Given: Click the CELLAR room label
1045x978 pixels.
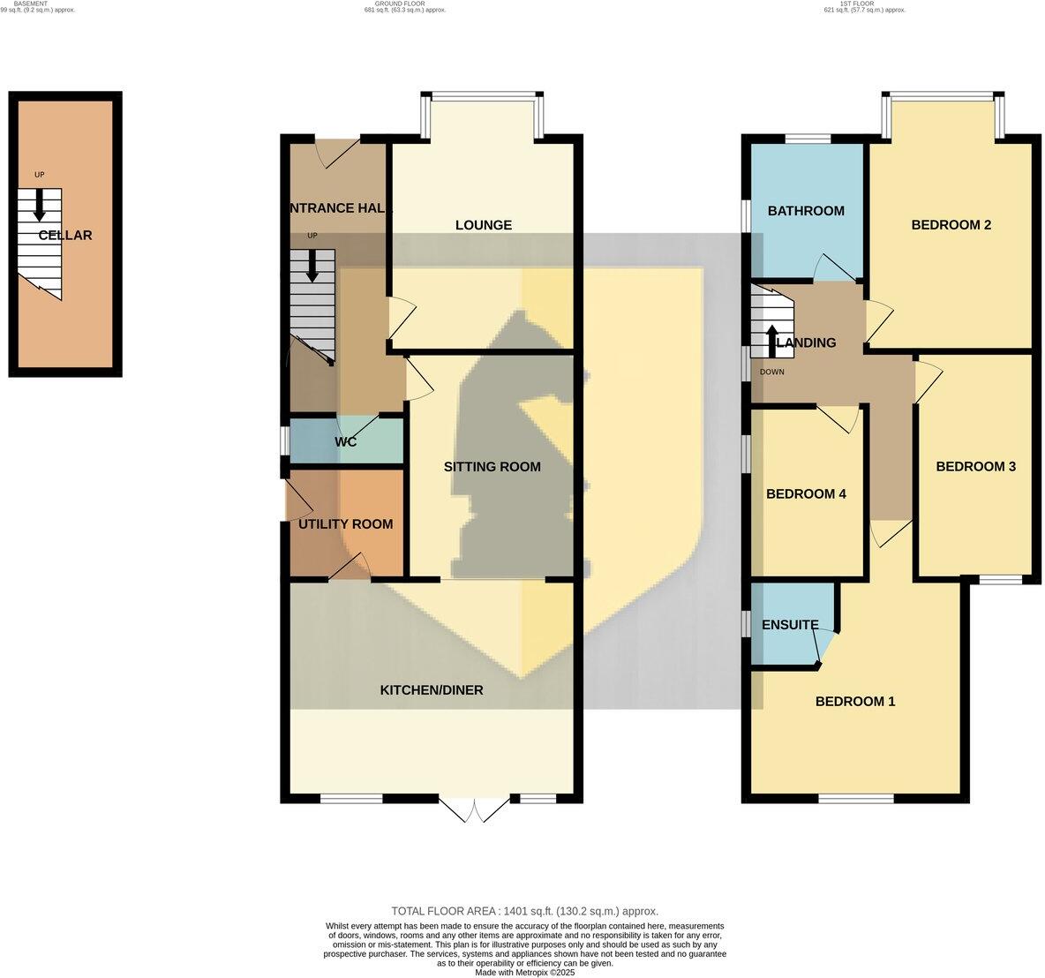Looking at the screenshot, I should click(x=65, y=236).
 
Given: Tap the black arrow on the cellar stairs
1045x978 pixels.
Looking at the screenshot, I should click(x=39, y=207).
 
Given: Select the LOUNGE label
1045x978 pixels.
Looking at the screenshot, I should click(x=483, y=225).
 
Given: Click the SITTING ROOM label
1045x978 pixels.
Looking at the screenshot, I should click(x=492, y=467).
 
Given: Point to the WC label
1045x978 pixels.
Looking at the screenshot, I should click(x=345, y=441).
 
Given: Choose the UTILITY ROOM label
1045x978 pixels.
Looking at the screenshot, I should click(x=345, y=524).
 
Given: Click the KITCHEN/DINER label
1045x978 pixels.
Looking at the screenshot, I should click(x=432, y=690).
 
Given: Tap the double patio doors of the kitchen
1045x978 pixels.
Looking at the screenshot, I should click(x=474, y=810).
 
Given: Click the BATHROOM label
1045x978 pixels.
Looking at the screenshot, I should click(x=805, y=211).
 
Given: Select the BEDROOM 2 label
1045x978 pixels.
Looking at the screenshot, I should click(x=951, y=225).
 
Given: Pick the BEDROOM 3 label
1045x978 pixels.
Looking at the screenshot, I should click(x=975, y=467).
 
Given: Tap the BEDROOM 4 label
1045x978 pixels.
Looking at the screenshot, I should click(x=806, y=494).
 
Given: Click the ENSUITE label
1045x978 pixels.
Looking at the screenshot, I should click(x=790, y=625).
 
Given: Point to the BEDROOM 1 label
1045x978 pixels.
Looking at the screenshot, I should click(x=854, y=702).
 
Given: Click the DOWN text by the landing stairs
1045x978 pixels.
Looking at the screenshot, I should click(x=771, y=372).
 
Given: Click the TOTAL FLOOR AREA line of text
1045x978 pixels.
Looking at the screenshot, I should click(x=524, y=911).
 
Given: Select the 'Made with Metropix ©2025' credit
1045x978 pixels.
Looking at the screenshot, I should click(x=524, y=972).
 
